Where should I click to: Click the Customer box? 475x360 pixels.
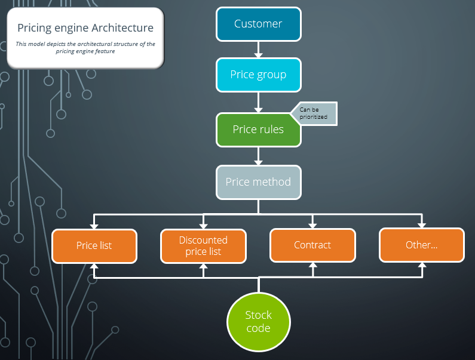pos(258,24)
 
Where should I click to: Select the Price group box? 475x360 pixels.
pos(258,75)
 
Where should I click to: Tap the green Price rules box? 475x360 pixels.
pos(258,130)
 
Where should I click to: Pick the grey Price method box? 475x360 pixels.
pos(258,182)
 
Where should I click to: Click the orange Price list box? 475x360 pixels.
pos(94,245)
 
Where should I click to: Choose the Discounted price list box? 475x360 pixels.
pos(203,245)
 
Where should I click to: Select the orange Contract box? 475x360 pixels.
pos(312,245)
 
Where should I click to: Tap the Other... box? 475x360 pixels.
pos(421,245)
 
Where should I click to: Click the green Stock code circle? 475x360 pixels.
pos(258,322)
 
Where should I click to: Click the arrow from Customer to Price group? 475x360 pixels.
pos(258,50)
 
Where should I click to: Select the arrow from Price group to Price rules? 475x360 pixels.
pos(258,103)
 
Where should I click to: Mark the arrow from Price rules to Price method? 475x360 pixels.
pos(258,156)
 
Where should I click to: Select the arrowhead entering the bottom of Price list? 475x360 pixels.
pos(94,267)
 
